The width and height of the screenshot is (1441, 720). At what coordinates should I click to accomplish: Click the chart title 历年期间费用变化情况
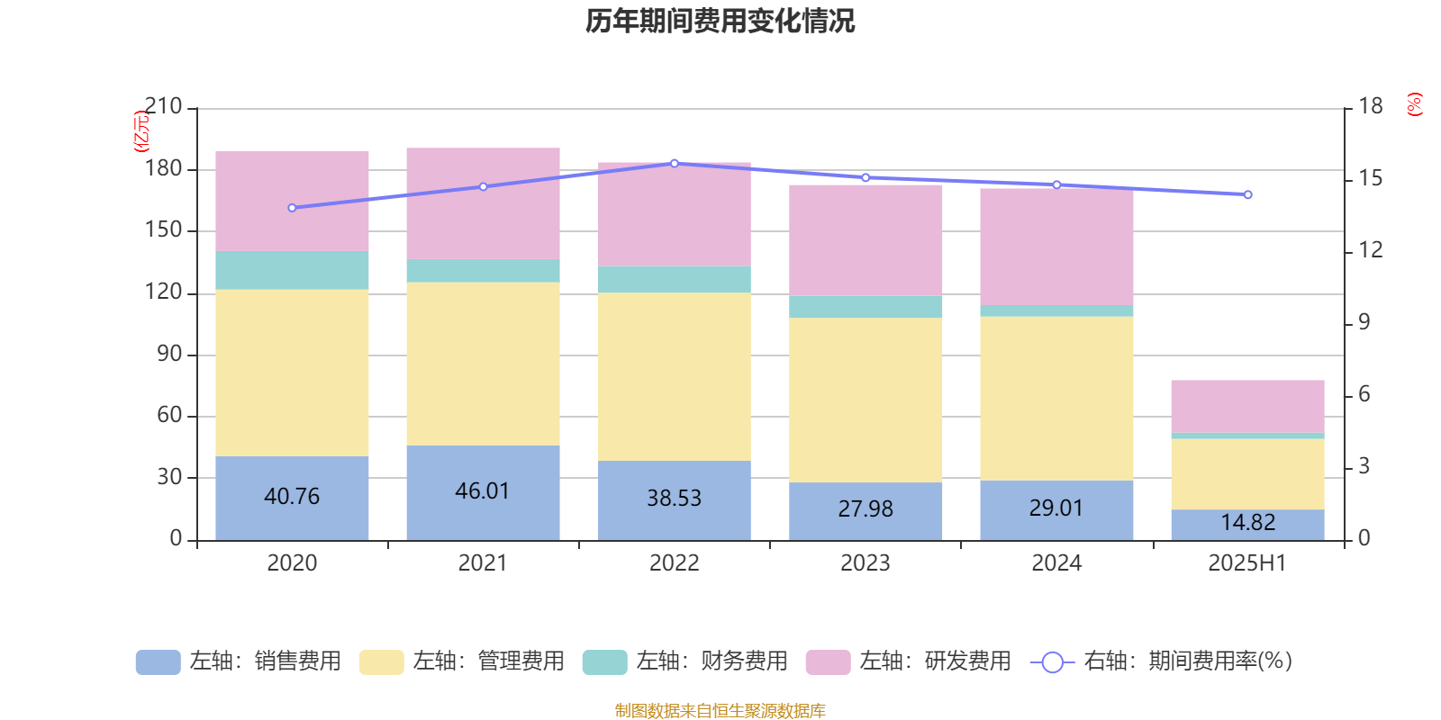tap(720, 21)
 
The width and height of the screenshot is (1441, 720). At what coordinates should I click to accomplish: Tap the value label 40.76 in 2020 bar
tap(292, 496)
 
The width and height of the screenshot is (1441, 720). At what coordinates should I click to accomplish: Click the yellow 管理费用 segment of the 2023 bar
tap(866, 400)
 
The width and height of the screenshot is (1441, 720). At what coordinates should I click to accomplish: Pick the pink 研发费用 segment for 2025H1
tap(1247, 406)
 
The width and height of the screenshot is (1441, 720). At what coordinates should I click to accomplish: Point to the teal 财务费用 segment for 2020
tap(292, 270)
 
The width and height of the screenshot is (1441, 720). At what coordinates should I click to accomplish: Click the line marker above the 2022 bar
tap(675, 163)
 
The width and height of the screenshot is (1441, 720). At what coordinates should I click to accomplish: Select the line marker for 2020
tap(292, 208)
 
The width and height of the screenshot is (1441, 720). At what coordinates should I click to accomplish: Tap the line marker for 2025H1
tap(1247, 194)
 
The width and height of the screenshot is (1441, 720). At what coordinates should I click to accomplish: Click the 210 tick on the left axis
tap(164, 107)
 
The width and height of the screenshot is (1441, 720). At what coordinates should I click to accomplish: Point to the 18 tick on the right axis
tap(1370, 107)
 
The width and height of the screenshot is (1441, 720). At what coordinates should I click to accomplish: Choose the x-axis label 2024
tap(1056, 563)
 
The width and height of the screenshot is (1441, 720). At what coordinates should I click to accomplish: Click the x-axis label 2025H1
tap(1247, 563)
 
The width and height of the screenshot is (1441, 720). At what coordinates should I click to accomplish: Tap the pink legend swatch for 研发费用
tap(828, 662)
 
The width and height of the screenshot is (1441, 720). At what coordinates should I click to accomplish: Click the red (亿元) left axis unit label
tap(140, 131)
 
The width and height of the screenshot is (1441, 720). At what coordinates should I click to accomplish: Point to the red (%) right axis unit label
tap(1414, 104)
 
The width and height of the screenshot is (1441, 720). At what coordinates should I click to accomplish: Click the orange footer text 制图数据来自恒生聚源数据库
tap(720, 711)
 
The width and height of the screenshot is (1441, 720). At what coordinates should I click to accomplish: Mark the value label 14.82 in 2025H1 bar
tap(1247, 523)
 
